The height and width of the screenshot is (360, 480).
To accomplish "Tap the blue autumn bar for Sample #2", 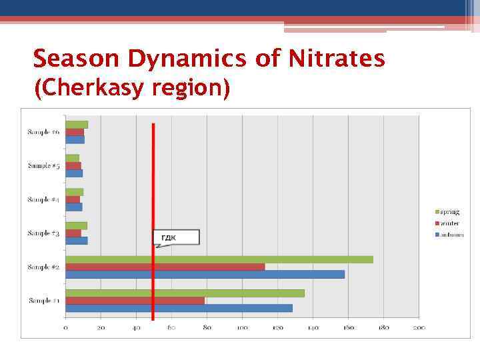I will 205,274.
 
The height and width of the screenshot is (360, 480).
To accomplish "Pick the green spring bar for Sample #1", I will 185,293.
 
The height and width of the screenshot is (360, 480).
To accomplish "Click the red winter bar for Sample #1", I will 135,301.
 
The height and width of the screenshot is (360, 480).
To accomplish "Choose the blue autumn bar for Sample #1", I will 179,308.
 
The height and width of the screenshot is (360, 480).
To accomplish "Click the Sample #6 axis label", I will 43,132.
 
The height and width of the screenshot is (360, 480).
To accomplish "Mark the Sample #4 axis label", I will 43,199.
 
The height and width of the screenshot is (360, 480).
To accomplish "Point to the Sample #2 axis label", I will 43,267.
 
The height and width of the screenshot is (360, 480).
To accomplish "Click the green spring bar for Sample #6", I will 77,125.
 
